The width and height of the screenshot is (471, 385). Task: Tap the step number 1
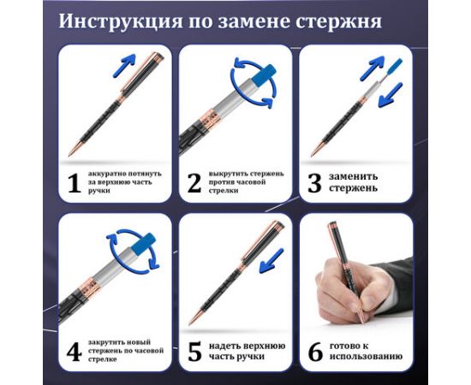[x=73, y=182]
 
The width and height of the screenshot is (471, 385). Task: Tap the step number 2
[x=194, y=182]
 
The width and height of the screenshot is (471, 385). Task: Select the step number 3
[x=314, y=182]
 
